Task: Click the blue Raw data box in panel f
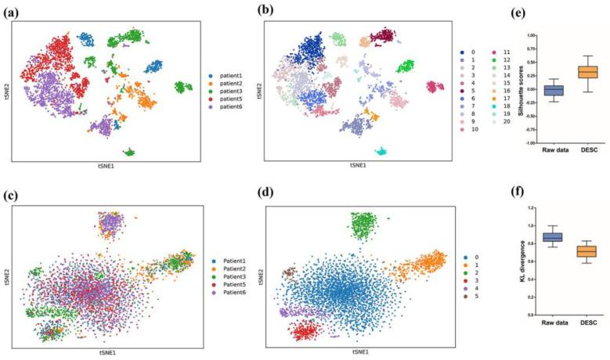(553, 237)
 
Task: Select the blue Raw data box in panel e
(553, 90)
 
